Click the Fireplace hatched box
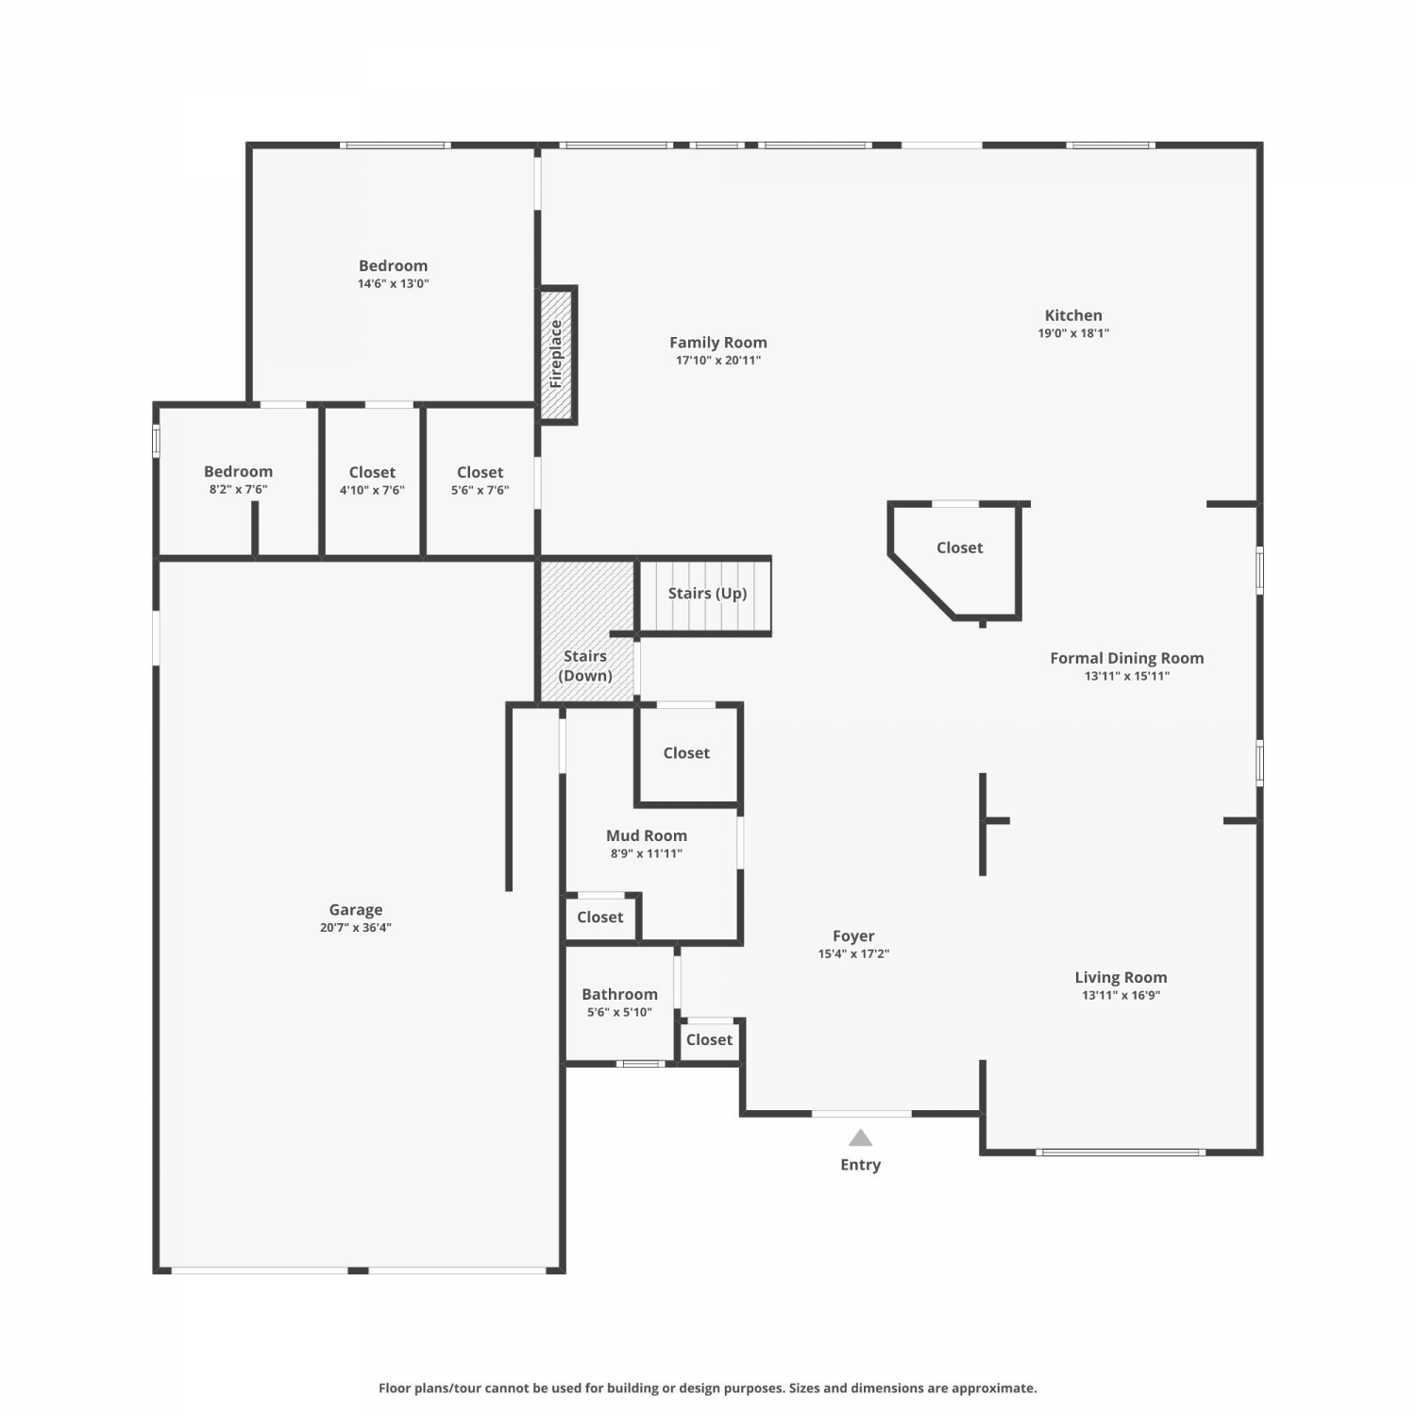[557, 355]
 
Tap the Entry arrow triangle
[860, 1138]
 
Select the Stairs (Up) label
[707, 593]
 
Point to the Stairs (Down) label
[585, 666]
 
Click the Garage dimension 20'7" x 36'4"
[356, 928]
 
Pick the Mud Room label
[647, 835]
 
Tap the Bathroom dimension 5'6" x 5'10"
[619, 1013]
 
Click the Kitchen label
[1073, 315]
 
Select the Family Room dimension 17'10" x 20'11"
[718, 361]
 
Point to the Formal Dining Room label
[1127, 658]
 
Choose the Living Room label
[1121, 978]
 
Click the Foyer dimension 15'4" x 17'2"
[853, 954]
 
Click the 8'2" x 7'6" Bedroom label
[238, 471]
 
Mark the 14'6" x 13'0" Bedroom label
[393, 266]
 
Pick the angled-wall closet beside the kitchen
[959, 548]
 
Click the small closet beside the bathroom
[709, 1039]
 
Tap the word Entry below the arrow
[860, 1165]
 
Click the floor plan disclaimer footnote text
[708, 1388]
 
